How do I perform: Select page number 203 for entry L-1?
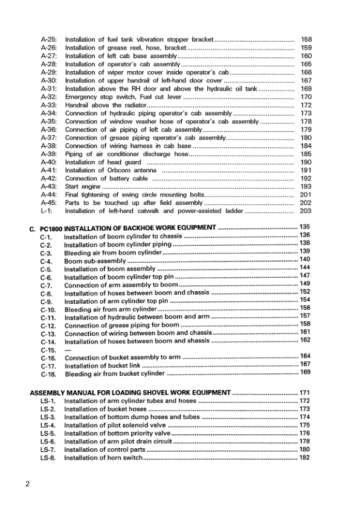coord(306,211)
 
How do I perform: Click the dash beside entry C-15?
coord(67,350)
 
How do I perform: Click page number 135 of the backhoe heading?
coord(305,227)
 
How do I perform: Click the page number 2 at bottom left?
coord(28,484)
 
